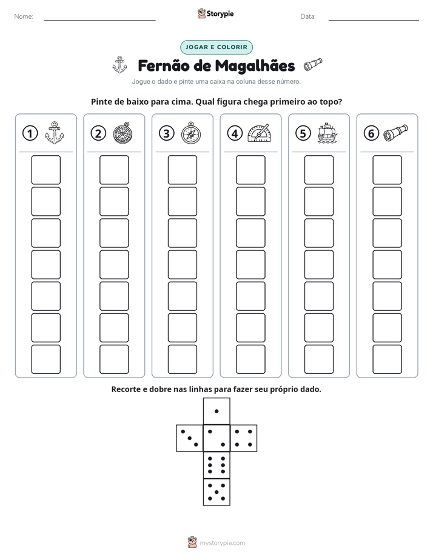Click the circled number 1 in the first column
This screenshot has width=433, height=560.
(30, 133)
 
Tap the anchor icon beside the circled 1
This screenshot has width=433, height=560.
(55, 133)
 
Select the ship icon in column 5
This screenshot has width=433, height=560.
(327, 133)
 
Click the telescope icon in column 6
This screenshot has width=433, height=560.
(395, 133)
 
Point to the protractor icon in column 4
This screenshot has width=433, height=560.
(260, 133)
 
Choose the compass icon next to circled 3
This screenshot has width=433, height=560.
(191, 133)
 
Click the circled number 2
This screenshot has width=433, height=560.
(98, 133)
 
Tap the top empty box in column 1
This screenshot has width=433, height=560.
(45, 170)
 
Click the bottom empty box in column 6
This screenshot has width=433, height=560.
(387, 359)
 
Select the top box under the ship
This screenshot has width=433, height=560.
(318, 170)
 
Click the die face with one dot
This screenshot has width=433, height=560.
(216, 411)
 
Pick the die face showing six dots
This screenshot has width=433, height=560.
(216, 465)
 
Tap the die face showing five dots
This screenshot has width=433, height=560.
(216, 492)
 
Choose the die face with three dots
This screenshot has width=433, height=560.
(190, 438)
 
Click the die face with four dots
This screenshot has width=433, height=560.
(244, 438)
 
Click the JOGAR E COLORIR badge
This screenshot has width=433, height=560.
(216, 47)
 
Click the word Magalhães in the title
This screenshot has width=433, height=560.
(255, 66)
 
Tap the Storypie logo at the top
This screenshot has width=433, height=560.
(215, 13)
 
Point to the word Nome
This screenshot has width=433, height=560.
(24, 16)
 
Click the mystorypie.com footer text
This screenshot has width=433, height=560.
(222, 543)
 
